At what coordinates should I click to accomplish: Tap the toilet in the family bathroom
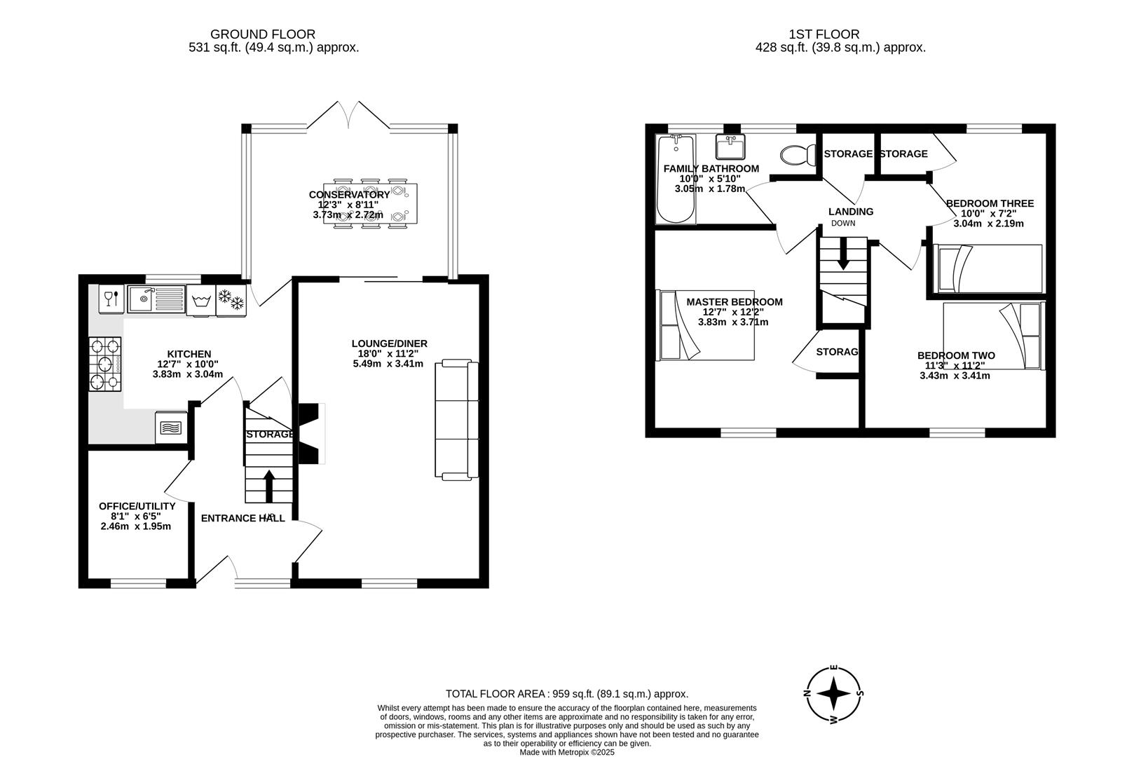(x=798, y=154)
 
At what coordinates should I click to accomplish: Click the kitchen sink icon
(x=156, y=299)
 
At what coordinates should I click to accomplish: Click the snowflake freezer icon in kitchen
(x=231, y=300)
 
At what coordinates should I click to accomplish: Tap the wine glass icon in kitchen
(x=110, y=299)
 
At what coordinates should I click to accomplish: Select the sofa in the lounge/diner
(x=457, y=421)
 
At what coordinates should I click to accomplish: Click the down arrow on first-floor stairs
(x=843, y=254)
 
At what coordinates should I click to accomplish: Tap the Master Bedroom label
(x=734, y=302)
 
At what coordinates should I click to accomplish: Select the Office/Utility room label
(x=137, y=506)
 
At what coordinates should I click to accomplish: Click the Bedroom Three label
(x=989, y=204)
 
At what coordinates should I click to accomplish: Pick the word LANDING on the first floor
(x=851, y=212)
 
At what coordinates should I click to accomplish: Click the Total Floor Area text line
(x=566, y=694)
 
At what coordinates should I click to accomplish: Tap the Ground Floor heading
(x=262, y=34)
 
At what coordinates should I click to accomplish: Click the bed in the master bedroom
(x=706, y=325)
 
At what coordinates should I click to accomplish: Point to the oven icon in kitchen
(x=171, y=427)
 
